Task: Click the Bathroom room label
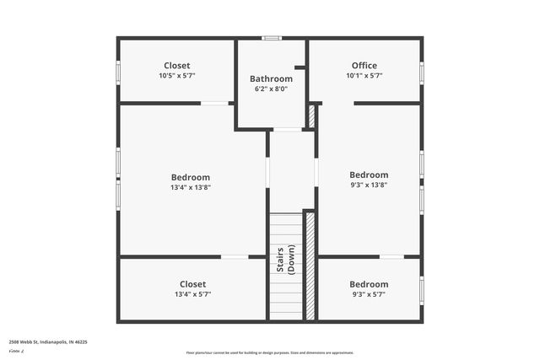[271, 78]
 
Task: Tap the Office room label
[364, 65]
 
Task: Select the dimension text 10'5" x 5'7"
[176, 76]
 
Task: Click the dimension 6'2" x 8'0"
[271, 89]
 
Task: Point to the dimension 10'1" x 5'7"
[364, 76]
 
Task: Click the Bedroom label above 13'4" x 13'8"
[191, 177]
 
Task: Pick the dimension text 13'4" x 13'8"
[191, 187]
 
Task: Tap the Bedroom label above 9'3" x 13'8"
[369, 175]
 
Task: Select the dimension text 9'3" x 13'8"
[369, 185]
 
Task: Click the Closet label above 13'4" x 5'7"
[192, 284]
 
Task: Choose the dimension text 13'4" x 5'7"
[192, 294]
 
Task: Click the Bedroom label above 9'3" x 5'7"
[369, 284]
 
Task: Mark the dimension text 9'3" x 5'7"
[369, 294]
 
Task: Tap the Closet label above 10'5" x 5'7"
[176, 65]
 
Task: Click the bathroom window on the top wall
[271, 37]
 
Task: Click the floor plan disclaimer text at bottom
[270, 352]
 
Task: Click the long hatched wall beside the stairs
[310, 266]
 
